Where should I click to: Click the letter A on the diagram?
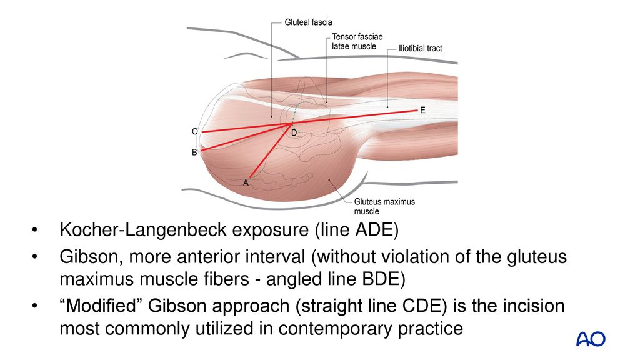246,182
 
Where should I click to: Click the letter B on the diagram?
194,152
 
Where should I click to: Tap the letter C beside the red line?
194,132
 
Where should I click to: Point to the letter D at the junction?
294,134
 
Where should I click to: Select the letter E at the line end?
422,109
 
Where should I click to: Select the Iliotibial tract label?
420,48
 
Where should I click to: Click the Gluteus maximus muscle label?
384,206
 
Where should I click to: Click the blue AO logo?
590,339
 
